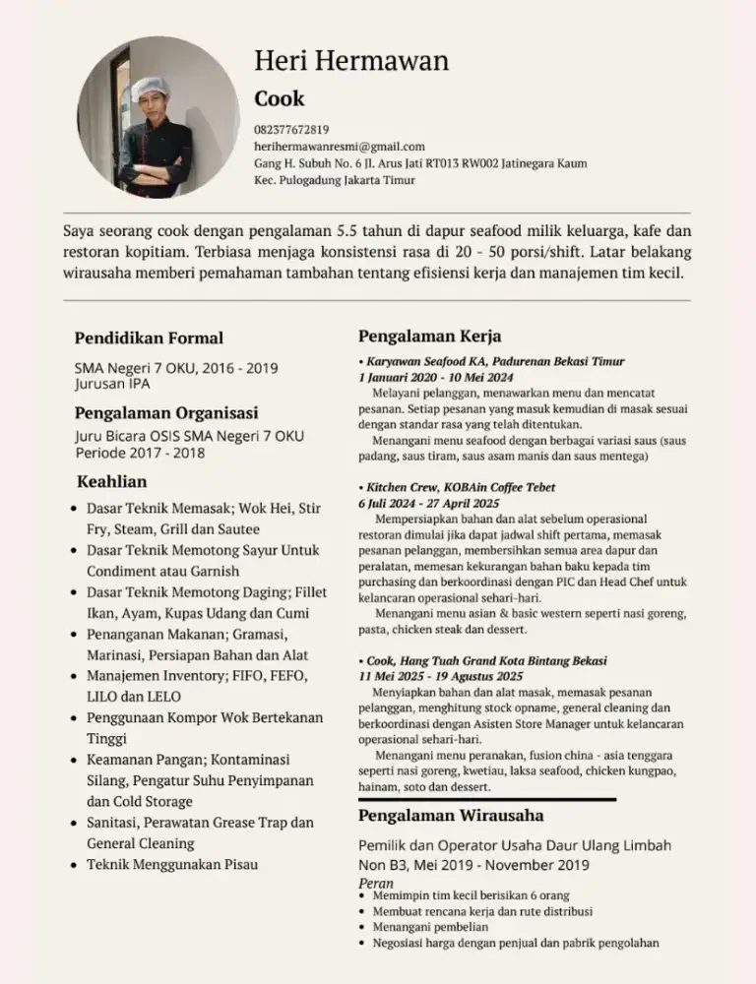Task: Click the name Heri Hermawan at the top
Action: coord(351,61)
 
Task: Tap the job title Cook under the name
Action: coord(280,98)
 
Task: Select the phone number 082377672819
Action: coord(291,129)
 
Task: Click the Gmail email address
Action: coord(340,147)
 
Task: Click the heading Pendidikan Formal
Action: coord(149,338)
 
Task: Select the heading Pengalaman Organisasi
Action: coord(166,412)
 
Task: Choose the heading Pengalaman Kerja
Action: coord(429,336)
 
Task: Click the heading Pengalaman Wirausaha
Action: coord(451,816)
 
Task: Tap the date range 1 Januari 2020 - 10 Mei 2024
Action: coord(435,377)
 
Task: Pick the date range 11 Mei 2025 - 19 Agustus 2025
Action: coord(440,676)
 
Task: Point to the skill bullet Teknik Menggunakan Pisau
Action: coord(172,864)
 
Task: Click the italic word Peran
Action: coord(376,884)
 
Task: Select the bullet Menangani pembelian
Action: coord(431,926)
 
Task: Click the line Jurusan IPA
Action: coord(112,384)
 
